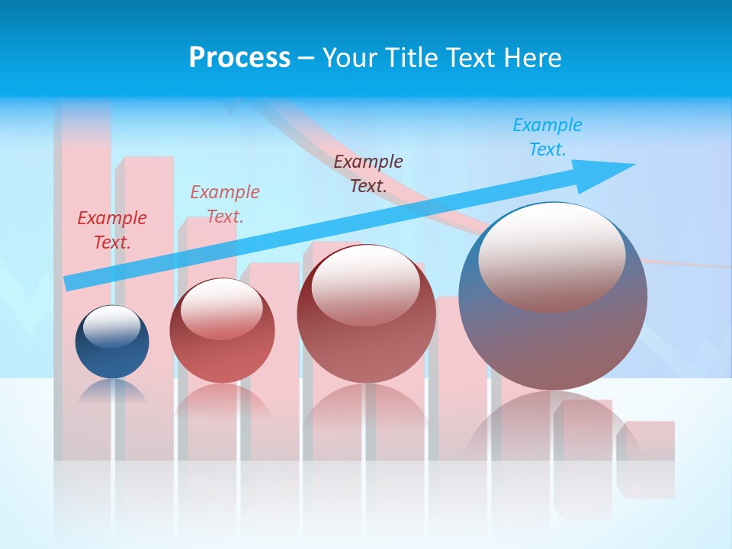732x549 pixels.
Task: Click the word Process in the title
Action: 239,58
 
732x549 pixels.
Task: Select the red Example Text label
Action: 112,230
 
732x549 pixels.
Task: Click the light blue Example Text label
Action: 547,137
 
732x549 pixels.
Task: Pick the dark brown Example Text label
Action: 368,173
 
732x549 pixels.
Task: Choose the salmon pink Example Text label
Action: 225,204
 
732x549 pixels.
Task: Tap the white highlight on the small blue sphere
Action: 112,326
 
